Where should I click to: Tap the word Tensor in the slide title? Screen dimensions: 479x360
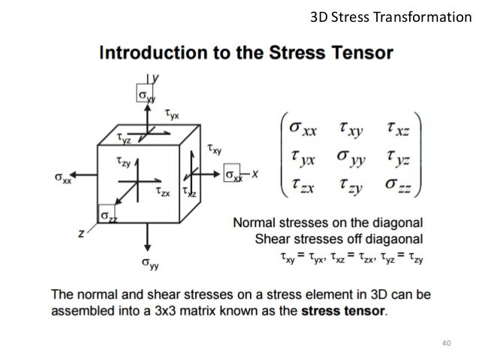367,55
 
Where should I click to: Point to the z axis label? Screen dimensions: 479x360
81,234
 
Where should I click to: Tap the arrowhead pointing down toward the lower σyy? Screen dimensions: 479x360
147,249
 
